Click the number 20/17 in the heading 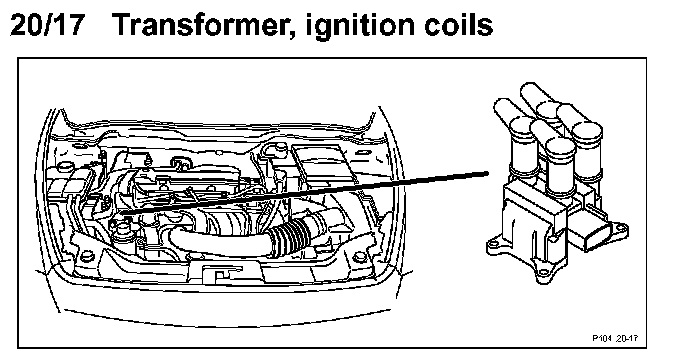[x=47, y=25]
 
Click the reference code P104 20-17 [x=615, y=338]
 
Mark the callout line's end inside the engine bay [x=122, y=213]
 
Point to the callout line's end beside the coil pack [x=487, y=173]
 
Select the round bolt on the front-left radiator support [x=87, y=256]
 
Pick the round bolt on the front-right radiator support [x=358, y=256]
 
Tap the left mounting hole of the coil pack [x=493, y=243]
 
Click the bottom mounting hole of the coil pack [x=544, y=273]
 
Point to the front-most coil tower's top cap [x=560, y=148]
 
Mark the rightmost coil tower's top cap [x=588, y=132]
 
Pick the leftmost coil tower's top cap [x=524, y=126]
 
